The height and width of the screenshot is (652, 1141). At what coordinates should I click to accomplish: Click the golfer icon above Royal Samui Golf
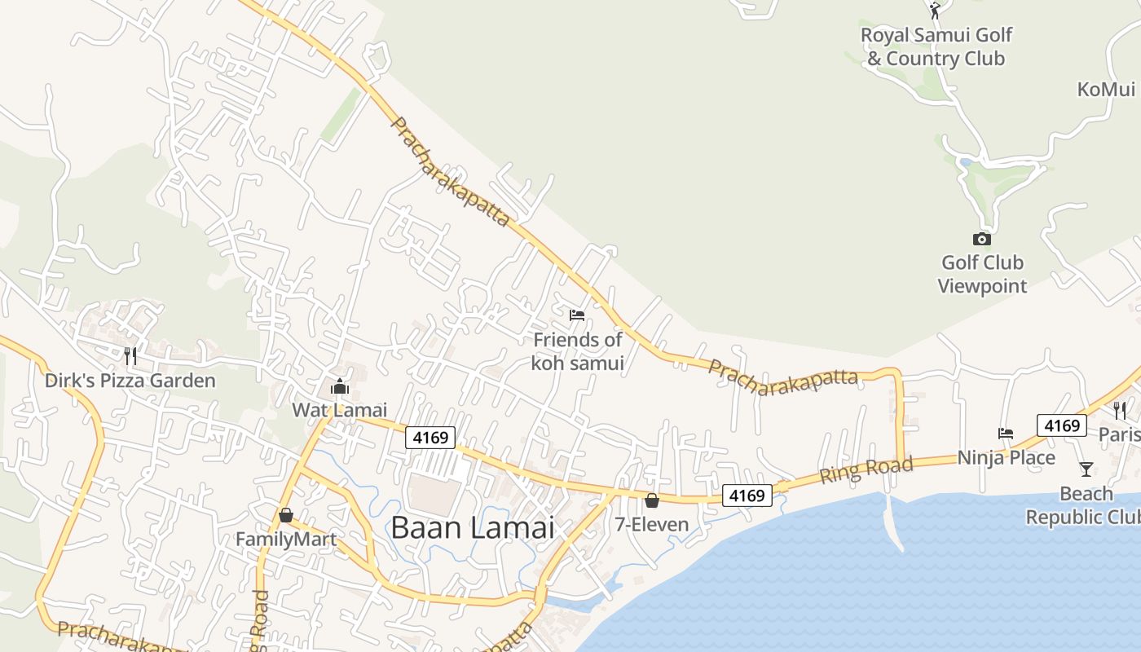(x=935, y=10)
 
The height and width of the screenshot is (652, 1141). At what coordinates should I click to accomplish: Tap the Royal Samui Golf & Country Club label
(x=936, y=46)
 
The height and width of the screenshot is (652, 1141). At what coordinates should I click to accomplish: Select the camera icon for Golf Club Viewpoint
(x=982, y=239)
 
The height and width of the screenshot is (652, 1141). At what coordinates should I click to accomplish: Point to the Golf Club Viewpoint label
(x=982, y=274)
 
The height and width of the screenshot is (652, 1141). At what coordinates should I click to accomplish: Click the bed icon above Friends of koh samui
(x=577, y=315)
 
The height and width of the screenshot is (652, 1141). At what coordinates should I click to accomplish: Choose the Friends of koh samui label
(x=577, y=351)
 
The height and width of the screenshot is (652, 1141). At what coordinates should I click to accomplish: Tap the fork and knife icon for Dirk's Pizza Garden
(x=130, y=355)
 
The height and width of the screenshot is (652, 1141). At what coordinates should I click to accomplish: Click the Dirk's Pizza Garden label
(x=130, y=381)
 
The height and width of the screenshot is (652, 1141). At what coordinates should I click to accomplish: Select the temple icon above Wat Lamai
(x=340, y=386)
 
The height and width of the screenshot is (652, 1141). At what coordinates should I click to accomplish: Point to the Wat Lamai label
(x=340, y=410)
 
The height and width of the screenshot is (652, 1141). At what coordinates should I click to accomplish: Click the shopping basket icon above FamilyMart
(x=285, y=515)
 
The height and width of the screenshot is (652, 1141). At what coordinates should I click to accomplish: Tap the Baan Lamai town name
(x=473, y=527)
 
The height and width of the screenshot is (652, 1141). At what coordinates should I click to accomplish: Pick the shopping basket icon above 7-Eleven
(x=652, y=500)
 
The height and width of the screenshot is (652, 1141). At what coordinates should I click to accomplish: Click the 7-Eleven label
(x=652, y=524)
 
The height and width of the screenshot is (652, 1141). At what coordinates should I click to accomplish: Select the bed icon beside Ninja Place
(x=1006, y=434)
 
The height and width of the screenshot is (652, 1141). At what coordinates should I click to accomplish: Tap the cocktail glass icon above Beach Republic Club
(x=1086, y=469)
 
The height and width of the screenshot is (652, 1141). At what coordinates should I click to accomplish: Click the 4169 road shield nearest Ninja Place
(x=1062, y=425)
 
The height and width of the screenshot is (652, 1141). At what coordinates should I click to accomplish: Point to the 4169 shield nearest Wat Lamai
(x=430, y=438)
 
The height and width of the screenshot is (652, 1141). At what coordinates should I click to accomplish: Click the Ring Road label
(x=866, y=470)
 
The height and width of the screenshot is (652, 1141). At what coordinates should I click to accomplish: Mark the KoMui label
(x=1106, y=89)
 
